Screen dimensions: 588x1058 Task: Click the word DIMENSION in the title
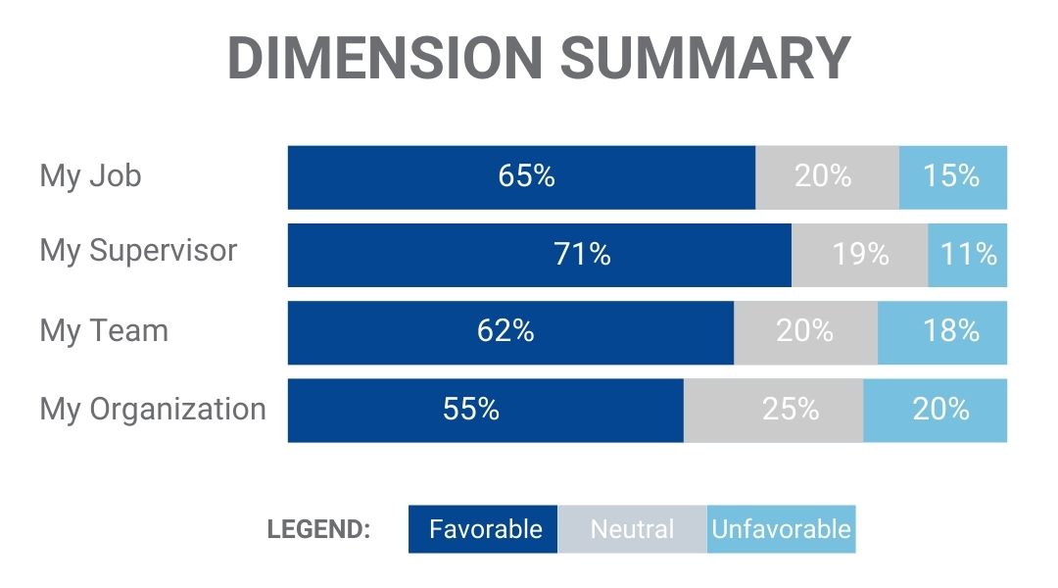coord(383,58)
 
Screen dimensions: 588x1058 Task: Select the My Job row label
coord(90,176)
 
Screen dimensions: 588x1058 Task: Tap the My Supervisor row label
coord(138,251)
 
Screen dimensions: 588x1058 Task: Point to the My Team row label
coord(104,330)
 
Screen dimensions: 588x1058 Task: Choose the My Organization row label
coord(153,409)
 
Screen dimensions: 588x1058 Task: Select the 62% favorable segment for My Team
coord(506,331)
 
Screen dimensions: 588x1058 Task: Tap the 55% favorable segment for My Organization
coord(472,410)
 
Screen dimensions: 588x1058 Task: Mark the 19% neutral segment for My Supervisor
coord(859,255)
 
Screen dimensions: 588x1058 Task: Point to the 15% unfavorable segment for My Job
coord(952,176)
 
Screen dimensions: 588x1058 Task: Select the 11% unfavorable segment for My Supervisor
coord(968,255)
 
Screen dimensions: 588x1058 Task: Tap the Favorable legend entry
coord(484,529)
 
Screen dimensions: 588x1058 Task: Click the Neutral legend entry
coord(632,529)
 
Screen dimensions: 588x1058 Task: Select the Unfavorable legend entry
coord(781,529)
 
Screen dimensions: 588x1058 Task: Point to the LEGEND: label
coord(318,530)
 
